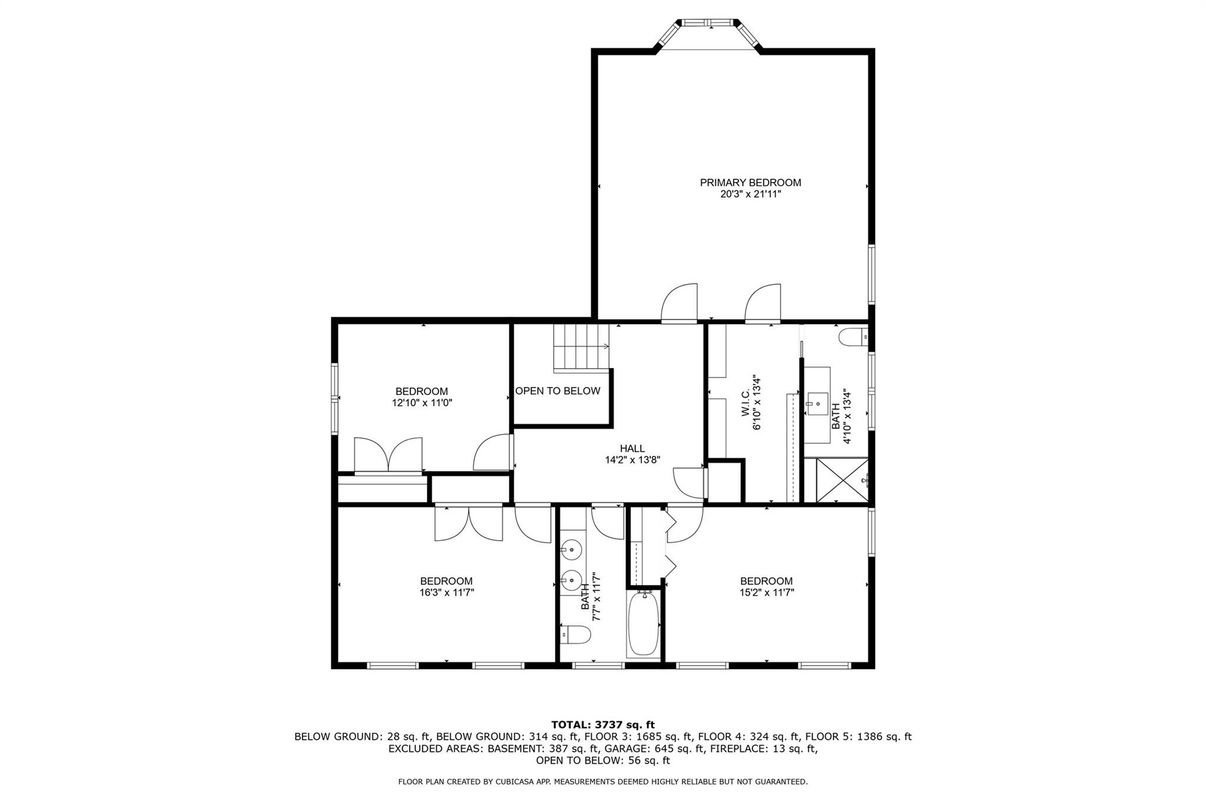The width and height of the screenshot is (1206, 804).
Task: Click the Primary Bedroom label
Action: [x=751, y=183]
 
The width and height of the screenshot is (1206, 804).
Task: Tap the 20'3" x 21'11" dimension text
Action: [x=751, y=194]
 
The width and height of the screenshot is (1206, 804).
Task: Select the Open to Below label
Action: [x=558, y=391]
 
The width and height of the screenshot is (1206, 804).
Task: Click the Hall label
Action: [x=632, y=448]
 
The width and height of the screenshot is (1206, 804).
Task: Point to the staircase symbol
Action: [x=581, y=347]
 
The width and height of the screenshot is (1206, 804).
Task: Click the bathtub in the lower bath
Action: [x=643, y=624]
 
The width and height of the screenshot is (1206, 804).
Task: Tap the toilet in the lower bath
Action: [x=575, y=634]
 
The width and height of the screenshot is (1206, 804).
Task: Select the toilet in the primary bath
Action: [x=853, y=337]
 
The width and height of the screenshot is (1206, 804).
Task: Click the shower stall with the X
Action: [x=842, y=480]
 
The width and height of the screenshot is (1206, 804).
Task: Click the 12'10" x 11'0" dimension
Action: [x=422, y=403]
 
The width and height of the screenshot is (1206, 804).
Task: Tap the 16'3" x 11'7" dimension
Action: [x=446, y=593]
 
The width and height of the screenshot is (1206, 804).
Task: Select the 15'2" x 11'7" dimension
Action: [x=766, y=593]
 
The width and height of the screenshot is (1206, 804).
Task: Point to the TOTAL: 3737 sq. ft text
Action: [x=603, y=725]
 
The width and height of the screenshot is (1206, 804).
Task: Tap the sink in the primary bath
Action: [x=817, y=404]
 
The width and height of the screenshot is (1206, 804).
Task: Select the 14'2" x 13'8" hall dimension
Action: [x=633, y=460]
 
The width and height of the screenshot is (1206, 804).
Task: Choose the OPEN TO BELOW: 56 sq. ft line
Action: [x=603, y=760]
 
